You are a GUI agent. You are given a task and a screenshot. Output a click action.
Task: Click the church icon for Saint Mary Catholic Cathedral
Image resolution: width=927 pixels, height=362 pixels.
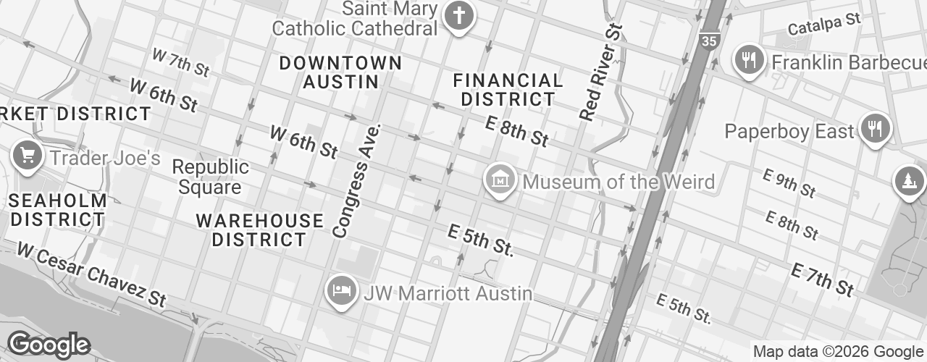458,14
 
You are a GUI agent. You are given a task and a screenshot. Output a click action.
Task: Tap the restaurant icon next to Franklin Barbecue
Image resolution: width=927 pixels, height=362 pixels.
750,59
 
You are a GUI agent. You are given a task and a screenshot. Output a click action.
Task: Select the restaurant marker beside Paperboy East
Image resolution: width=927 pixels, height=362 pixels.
876,128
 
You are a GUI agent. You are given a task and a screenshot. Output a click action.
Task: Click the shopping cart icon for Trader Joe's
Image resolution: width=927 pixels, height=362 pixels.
28,155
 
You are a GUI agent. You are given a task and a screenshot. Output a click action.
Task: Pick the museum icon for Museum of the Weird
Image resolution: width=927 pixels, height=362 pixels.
500,178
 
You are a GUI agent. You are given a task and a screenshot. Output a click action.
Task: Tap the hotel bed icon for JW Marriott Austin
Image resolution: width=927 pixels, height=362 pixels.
341,291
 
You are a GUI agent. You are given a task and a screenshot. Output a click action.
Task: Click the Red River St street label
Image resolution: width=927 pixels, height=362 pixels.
601,72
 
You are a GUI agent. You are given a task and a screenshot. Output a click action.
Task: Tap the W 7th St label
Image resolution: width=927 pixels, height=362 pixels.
180,62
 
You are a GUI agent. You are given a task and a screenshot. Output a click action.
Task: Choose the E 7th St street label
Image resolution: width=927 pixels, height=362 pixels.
822,280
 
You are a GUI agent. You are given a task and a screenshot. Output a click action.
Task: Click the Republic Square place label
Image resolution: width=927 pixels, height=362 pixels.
210,177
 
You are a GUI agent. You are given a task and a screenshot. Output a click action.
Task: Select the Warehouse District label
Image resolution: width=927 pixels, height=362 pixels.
259,230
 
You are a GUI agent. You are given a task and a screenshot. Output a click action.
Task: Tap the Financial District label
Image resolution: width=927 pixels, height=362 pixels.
508,89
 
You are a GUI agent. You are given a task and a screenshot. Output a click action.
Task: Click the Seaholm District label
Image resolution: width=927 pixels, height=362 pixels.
59,209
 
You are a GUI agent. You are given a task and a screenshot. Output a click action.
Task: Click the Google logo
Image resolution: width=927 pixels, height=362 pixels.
49,345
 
